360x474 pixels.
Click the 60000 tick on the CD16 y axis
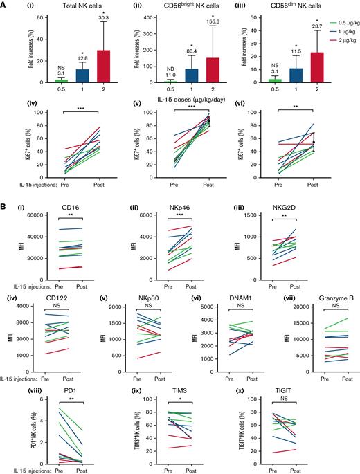click(30, 216)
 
